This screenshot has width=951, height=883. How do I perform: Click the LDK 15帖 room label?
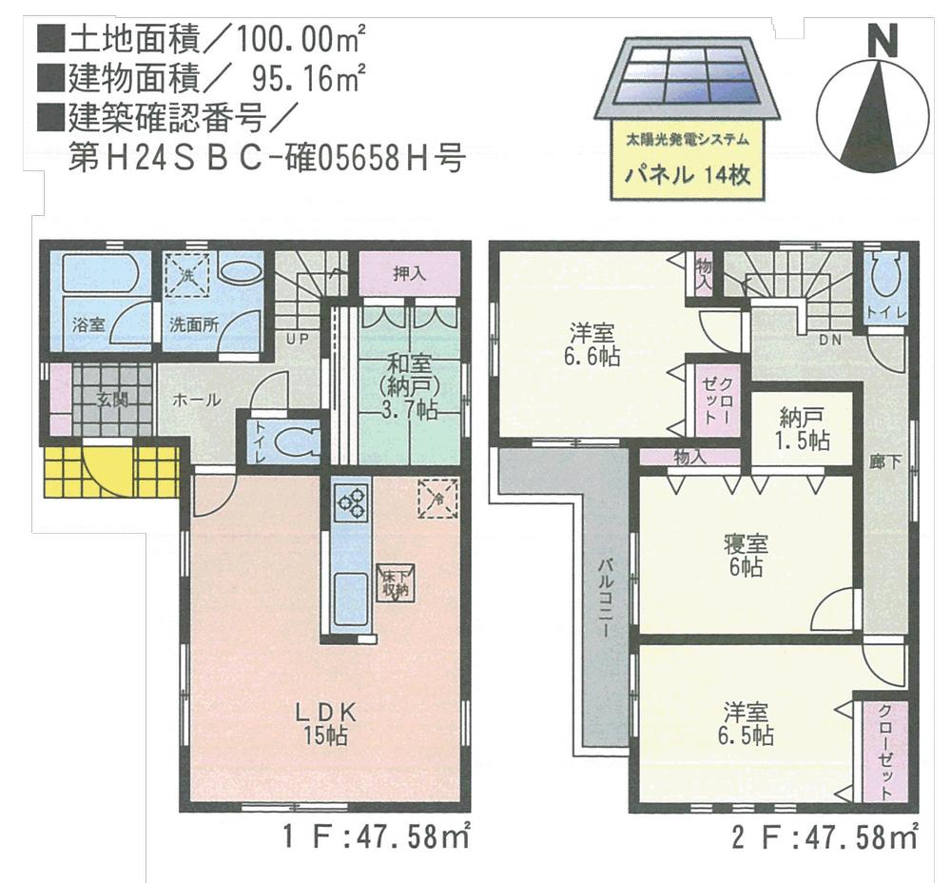(324, 722)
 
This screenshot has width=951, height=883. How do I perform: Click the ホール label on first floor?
(196, 401)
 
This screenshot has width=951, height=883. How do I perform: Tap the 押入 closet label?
(408, 274)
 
